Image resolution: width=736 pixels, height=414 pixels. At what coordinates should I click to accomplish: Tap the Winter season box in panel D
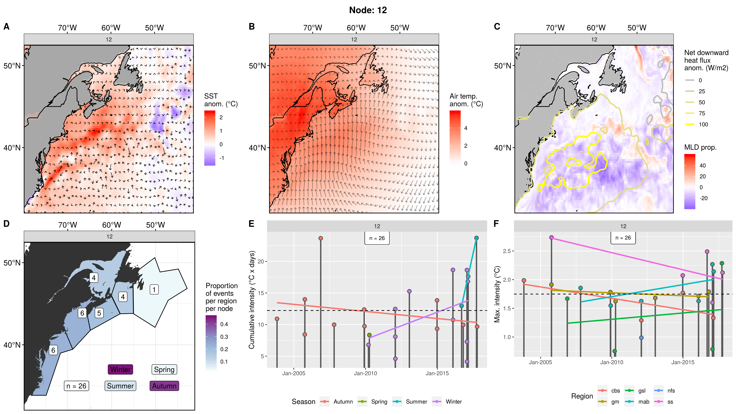[120, 369]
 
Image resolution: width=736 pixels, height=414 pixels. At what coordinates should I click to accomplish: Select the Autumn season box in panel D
[164, 386]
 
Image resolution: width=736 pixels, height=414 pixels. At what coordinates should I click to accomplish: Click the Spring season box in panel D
[164, 369]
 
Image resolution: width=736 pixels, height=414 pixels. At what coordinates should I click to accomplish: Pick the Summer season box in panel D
[120, 386]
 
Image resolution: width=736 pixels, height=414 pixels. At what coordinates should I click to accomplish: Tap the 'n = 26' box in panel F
[623, 238]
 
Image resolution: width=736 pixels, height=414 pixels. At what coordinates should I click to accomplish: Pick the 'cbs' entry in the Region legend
[615, 391]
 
